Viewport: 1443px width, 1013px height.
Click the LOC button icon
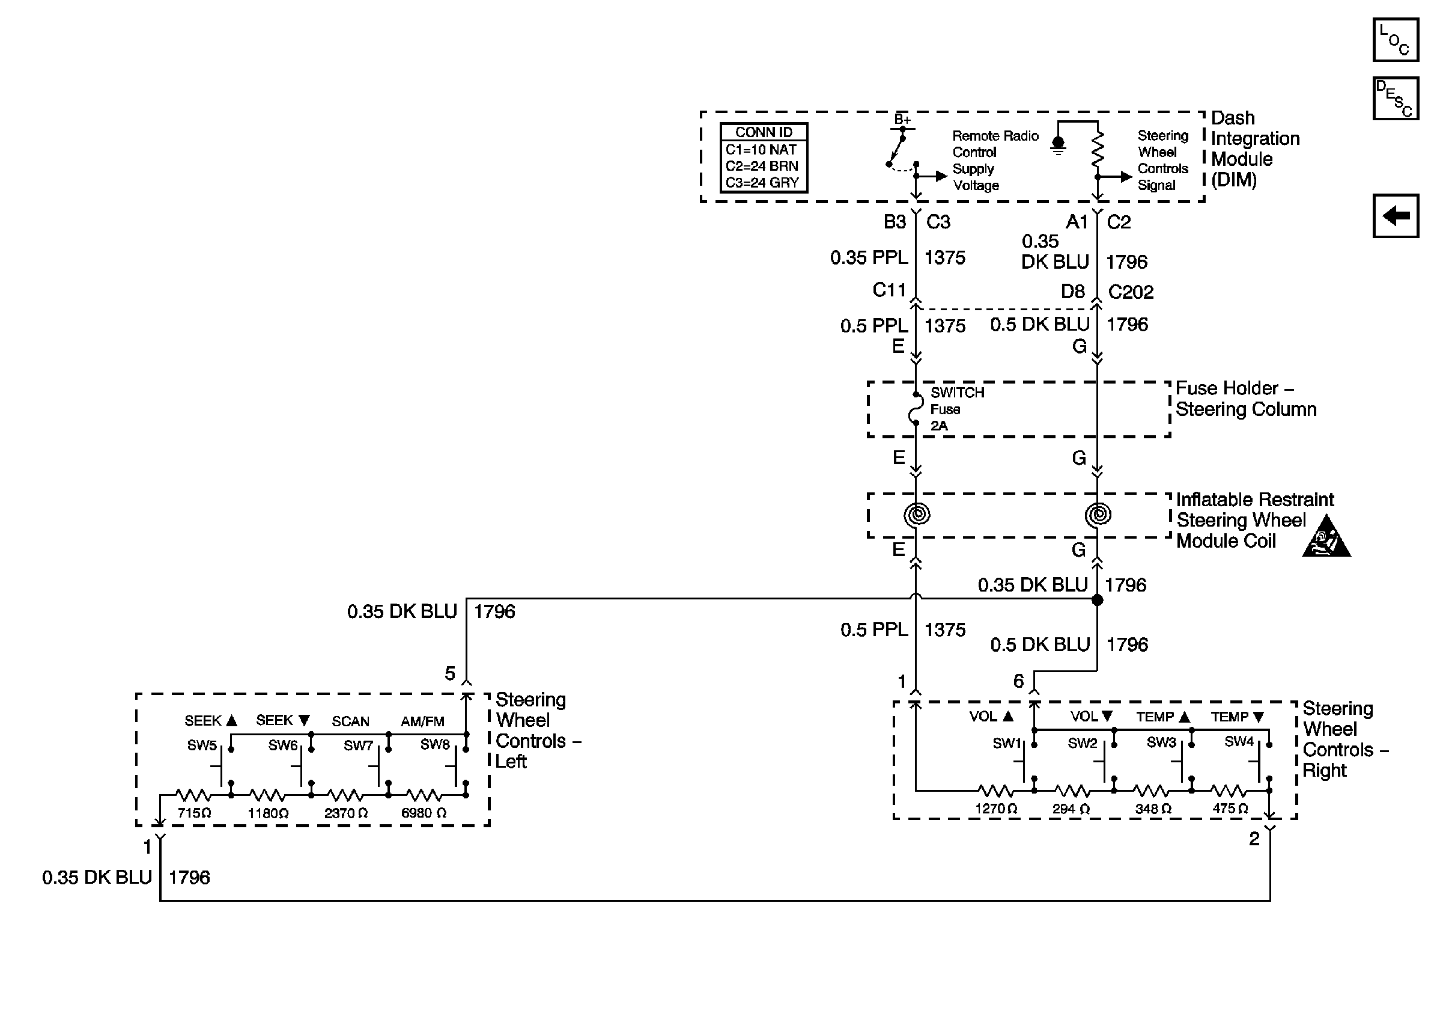1394,40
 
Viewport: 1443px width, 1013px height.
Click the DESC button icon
1394,98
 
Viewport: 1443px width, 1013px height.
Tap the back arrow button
1394,216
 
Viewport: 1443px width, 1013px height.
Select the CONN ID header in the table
764,132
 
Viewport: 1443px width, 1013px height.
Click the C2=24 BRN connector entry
762,166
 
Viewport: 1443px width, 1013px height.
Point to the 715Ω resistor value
194,813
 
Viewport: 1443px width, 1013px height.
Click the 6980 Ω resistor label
424,813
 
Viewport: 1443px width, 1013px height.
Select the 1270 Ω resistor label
995,809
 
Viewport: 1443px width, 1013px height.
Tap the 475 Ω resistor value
1230,809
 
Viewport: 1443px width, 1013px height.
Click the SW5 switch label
202,745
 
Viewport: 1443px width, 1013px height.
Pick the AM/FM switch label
422,721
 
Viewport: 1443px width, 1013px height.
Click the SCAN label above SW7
350,721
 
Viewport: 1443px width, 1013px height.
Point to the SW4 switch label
1239,741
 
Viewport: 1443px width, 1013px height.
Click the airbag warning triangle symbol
1326,538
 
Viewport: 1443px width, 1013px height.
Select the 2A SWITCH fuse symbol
916,409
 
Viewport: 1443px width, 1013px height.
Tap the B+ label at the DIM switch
902,119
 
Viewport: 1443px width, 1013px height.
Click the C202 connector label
1131,292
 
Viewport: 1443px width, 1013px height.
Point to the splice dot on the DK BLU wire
1098,600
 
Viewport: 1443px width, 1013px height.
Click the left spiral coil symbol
916,515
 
